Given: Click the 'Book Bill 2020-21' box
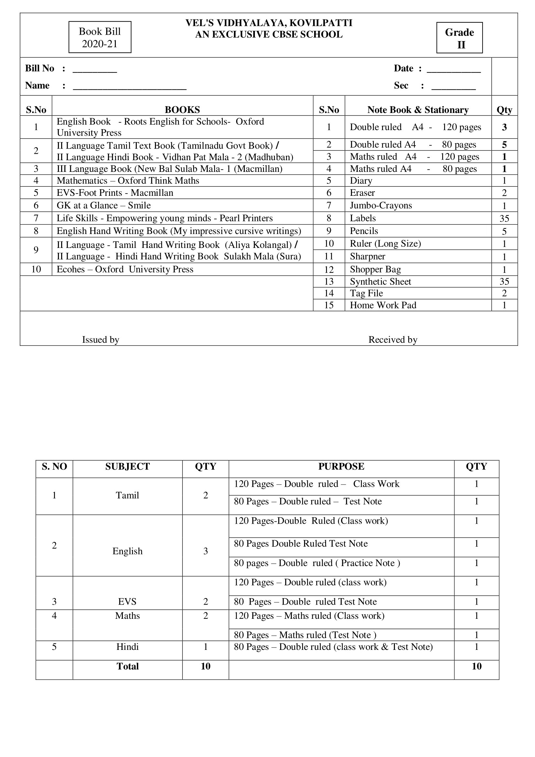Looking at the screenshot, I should click(100, 37).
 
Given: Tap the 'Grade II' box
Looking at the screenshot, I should click(459, 38).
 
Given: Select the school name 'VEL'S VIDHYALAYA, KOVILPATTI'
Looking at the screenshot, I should click(269, 23).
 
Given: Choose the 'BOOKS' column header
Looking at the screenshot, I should click(182, 109).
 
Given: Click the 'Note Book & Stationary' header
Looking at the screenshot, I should click(418, 109).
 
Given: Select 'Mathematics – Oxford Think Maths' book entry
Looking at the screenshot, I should click(128, 181).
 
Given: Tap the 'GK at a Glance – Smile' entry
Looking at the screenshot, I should click(104, 206).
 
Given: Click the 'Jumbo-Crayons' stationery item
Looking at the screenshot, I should click(380, 206).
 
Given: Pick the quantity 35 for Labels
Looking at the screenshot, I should click(504, 218).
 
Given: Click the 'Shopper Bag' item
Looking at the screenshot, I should click(375, 269).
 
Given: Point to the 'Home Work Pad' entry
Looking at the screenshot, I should click(383, 305).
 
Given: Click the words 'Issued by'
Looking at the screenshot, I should click(101, 340).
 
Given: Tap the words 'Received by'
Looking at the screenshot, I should click(393, 340).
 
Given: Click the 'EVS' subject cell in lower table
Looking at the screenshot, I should click(127, 602).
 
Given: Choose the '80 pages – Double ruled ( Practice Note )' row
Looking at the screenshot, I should click(317, 563).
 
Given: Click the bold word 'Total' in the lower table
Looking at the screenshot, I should click(127, 666).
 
